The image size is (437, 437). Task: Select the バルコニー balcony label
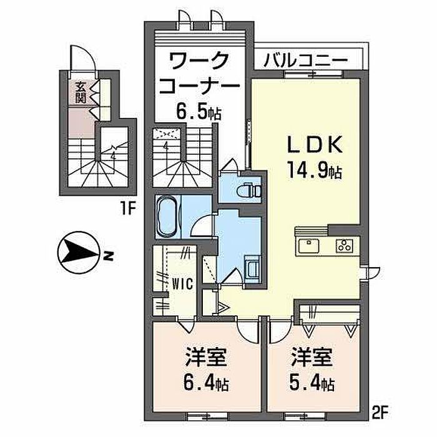(305, 61)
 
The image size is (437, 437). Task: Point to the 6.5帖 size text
(198, 114)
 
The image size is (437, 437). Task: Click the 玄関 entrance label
(81, 92)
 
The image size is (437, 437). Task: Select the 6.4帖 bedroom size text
(204, 381)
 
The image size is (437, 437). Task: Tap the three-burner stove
(345, 245)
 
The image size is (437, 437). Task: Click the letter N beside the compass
(109, 255)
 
